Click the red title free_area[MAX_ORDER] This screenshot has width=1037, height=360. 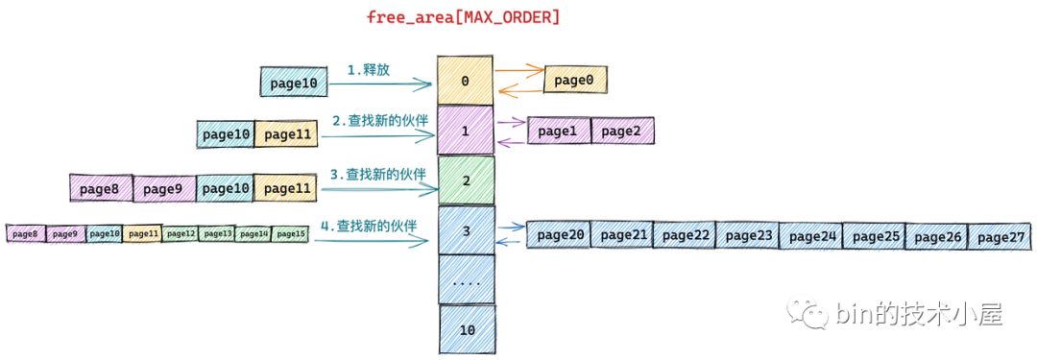click(x=464, y=17)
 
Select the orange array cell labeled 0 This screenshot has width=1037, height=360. click(x=465, y=81)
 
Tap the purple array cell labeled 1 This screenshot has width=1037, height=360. click(x=465, y=130)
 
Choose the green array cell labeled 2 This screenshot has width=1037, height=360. click(x=465, y=180)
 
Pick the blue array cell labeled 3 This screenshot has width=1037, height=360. click(x=466, y=230)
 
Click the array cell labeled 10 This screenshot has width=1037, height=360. click(x=468, y=329)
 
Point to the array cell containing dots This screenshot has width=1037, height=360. click(x=466, y=281)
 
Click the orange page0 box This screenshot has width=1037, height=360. click(x=575, y=80)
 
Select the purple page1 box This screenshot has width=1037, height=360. click(x=558, y=131)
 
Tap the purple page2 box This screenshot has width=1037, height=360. click(x=622, y=131)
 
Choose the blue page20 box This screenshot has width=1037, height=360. click(x=558, y=235)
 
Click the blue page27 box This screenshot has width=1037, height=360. click(x=998, y=236)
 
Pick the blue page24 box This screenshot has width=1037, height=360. click(x=808, y=236)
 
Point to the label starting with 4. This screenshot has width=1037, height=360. click(x=368, y=226)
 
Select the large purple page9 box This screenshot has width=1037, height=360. click(x=163, y=189)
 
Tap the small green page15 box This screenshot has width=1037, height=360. click(x=290, y=233)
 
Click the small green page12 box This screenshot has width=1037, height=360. click(x=180, y=233)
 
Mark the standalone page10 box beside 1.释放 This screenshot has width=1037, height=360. click(x=293, y=83)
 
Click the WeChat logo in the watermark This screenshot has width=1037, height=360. click(x=806, y=314)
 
